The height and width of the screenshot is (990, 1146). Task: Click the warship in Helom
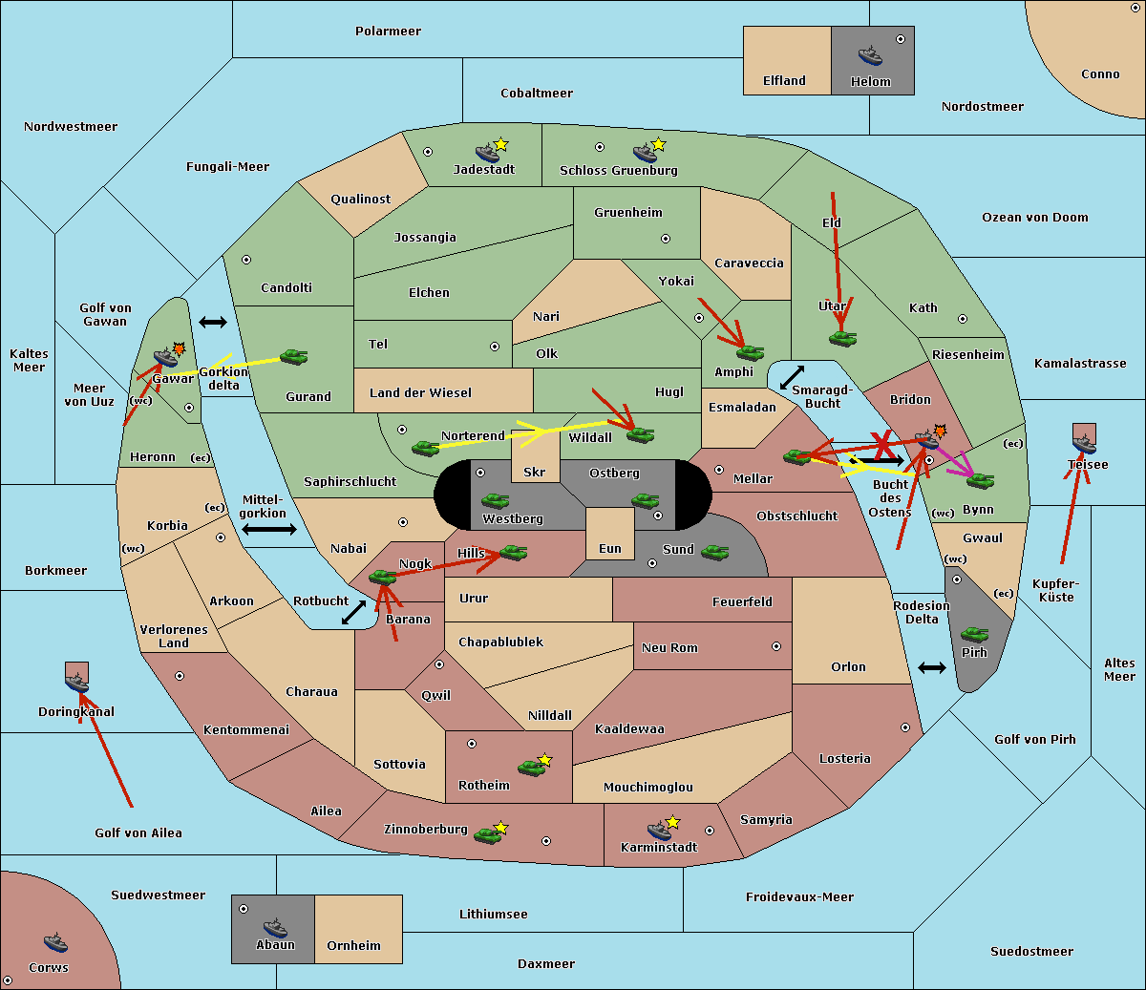870,55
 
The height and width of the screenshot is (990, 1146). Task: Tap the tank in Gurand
293,356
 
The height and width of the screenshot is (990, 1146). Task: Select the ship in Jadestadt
487,153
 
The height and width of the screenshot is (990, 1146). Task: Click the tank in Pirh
974,634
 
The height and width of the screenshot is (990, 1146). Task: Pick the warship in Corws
55,941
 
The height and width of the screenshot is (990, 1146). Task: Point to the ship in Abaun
275,927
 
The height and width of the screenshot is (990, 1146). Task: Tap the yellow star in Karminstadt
672,821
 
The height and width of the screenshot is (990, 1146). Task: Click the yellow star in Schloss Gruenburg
658,144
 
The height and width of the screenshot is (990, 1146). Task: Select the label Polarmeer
388,32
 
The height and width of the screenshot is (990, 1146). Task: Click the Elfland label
784,80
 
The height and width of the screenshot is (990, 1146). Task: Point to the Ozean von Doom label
1034,218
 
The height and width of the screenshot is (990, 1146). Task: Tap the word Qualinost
360,199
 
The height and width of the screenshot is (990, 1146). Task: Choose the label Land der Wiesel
420,393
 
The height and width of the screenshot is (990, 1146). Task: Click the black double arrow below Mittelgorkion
269,529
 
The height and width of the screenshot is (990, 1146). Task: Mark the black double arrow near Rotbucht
353,613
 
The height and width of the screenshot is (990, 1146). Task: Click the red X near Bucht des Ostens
881,446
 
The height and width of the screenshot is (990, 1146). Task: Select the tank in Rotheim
531,768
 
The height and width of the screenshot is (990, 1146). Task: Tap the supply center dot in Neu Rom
776,646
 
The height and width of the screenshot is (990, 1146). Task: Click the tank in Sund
714,552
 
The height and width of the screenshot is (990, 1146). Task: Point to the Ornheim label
353,945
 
